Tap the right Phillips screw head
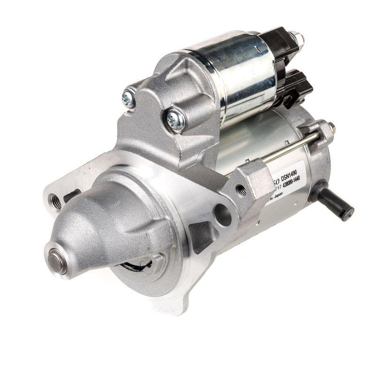(176, 120)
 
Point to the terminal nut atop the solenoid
(294, 36)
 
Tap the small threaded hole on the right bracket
(241, 190)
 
